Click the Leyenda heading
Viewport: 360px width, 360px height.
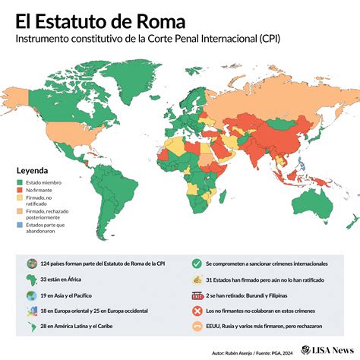[x=33, y=170]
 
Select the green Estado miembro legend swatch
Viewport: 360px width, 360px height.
[x=21, y=182]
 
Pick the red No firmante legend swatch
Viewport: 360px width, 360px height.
[x=21, y=191]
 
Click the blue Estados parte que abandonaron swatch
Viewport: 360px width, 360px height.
[x=21, y=224]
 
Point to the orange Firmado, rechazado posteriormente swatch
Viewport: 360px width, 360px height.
[x=21, y=212]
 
